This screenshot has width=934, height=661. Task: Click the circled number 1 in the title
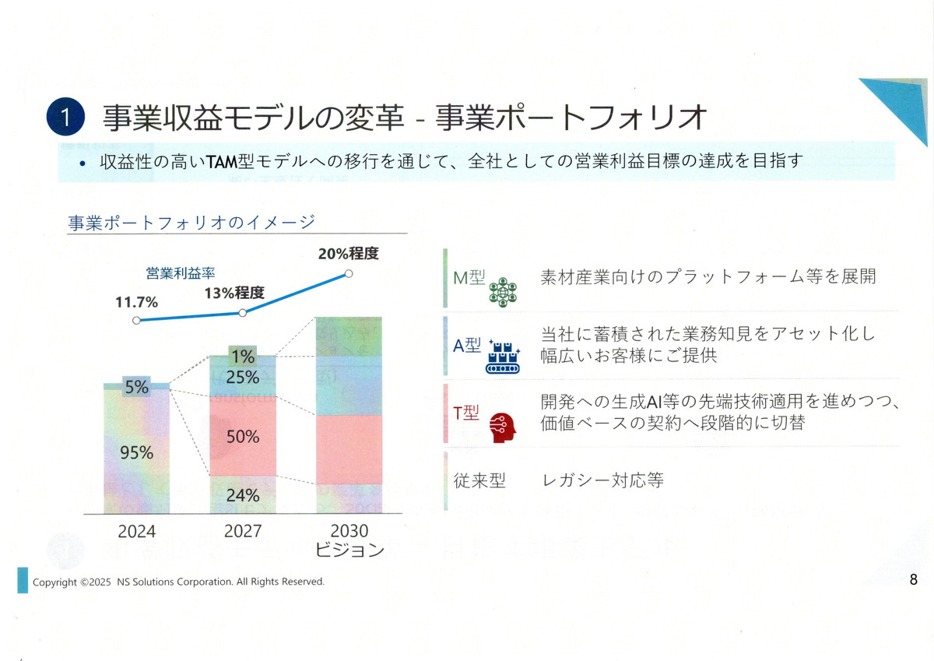click(x=66, y=118)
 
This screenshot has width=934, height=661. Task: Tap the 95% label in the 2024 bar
click(x=136, y=452)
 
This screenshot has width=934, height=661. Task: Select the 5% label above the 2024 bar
click(x=136, y=386)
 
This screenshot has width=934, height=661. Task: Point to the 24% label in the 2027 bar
click(x=243, y=495)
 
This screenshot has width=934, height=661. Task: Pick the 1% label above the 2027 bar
click(x=243, y=357)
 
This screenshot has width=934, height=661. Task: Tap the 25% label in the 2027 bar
click(x=243, y=378)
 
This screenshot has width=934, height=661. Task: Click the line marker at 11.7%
click(x=137, y=320)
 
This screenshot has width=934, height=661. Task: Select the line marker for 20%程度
click(x=349, y=273)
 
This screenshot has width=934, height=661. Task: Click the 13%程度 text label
click(x=234, y=294)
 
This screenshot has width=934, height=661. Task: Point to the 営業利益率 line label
click(x=180, y=273)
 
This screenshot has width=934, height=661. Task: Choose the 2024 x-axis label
click(x=137, y=532)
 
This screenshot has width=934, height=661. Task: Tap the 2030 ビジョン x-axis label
click(x=349, y=540)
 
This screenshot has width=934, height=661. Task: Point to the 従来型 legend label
click(x=479, y=480)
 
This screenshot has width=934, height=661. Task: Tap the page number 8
click(x=913, y=579)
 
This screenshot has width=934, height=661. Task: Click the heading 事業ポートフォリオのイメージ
click(x=191, y=223)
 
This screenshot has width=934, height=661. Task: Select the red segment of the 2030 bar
click(x=349, y=449)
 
